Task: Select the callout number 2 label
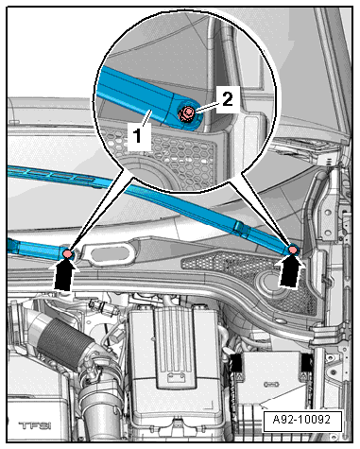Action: click(227, 99)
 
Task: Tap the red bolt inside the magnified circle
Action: click(186, 113)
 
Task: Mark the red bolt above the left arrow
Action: click(67, 253)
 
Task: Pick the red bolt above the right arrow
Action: click(293, 250)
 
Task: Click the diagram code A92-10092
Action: click(301, 420)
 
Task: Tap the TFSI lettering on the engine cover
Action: click(35, 426)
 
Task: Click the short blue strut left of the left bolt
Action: click(35, 249)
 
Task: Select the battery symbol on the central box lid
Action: click(173, 376)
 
